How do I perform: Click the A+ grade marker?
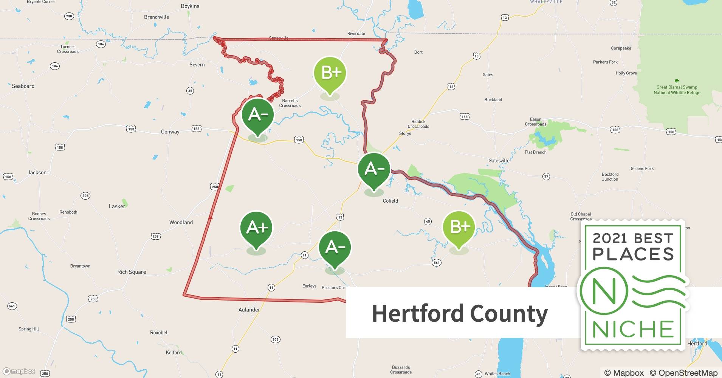257,228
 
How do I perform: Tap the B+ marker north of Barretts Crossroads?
330,73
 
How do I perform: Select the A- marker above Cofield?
374,169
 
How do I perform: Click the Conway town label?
170,132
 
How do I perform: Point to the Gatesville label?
499,161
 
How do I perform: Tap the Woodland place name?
181,222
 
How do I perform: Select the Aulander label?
249,310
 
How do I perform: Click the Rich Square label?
132,272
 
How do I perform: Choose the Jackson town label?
37,172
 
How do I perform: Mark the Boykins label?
190,6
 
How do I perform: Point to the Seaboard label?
23,86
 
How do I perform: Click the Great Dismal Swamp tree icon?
677,81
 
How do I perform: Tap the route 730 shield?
69,16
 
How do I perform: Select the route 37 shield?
546,176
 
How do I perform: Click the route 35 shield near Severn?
190,91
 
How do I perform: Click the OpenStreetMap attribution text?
683,373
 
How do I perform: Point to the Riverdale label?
356,34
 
